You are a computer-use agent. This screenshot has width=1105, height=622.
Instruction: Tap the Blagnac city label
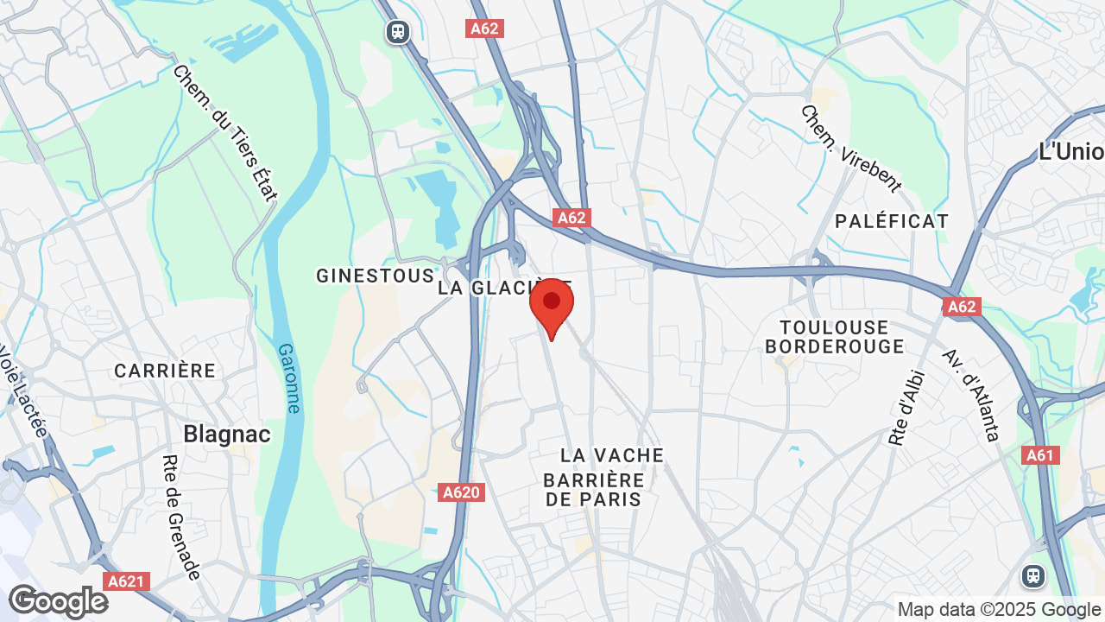(x=227, y=434)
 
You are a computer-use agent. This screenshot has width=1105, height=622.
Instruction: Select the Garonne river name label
(x=290, y=378)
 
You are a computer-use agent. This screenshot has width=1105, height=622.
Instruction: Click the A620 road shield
(x=461, y=492)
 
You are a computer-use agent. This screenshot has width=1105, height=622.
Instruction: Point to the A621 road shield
(x=126, y=581)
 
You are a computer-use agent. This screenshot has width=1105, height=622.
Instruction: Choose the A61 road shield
(x=1040, y=455)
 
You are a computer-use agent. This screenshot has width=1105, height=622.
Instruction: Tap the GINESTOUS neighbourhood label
(x=375, y=276)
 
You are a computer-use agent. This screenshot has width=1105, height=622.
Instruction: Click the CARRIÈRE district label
(x=165, y=371)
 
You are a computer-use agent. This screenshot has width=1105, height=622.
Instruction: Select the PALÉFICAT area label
(x=892, y=221)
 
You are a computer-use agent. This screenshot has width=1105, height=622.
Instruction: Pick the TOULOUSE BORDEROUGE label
(x=834, y=337)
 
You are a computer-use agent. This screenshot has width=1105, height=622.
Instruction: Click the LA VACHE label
(x=612, y=455)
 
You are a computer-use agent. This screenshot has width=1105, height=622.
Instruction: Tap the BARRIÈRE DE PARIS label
(x=595, y=490)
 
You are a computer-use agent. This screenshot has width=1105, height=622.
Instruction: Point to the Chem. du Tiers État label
(x=225, y=133)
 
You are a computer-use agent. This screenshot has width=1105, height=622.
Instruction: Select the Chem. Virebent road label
(x=850, y=149)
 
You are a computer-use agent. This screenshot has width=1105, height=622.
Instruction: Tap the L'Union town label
(x=1070, y=152)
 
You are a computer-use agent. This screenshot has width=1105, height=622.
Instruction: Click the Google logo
(x=58, y=602)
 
